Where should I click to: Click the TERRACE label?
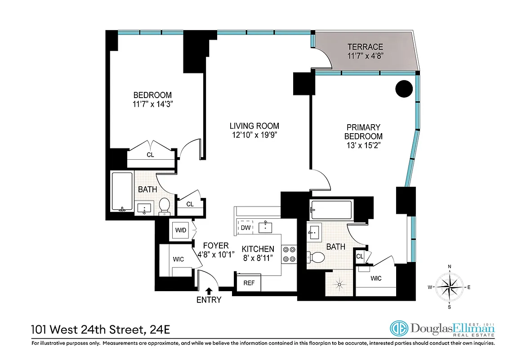[365, 47]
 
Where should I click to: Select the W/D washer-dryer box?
[181, 230]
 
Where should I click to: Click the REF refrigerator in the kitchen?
[249, 283]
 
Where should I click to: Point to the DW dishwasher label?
[246, 228]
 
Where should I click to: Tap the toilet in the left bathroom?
[165, 205]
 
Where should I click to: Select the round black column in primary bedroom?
[404, 89]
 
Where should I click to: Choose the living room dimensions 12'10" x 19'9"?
[254, 135]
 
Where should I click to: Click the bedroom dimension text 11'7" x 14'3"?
[152, 104]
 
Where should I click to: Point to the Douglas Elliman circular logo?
[399, 329]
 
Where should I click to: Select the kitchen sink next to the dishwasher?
[267, 226]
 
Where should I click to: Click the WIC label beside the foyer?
[179, 260]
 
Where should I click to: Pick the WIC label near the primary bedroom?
[376, 279]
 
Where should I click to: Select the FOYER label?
[216, 246]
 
